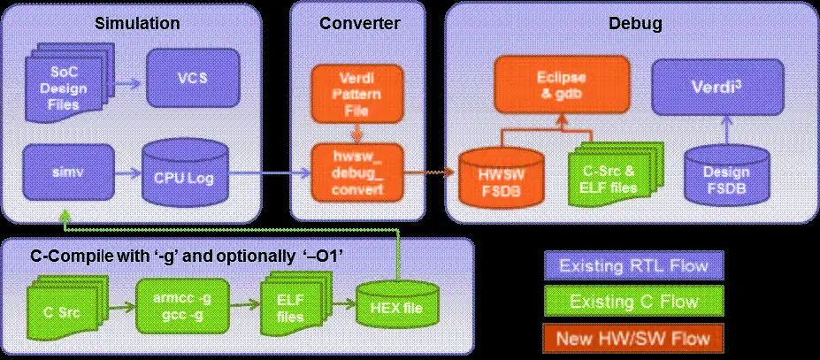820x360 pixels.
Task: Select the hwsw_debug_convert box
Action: click(354, 172)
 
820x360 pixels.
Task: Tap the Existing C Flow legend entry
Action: click(632, 301)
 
